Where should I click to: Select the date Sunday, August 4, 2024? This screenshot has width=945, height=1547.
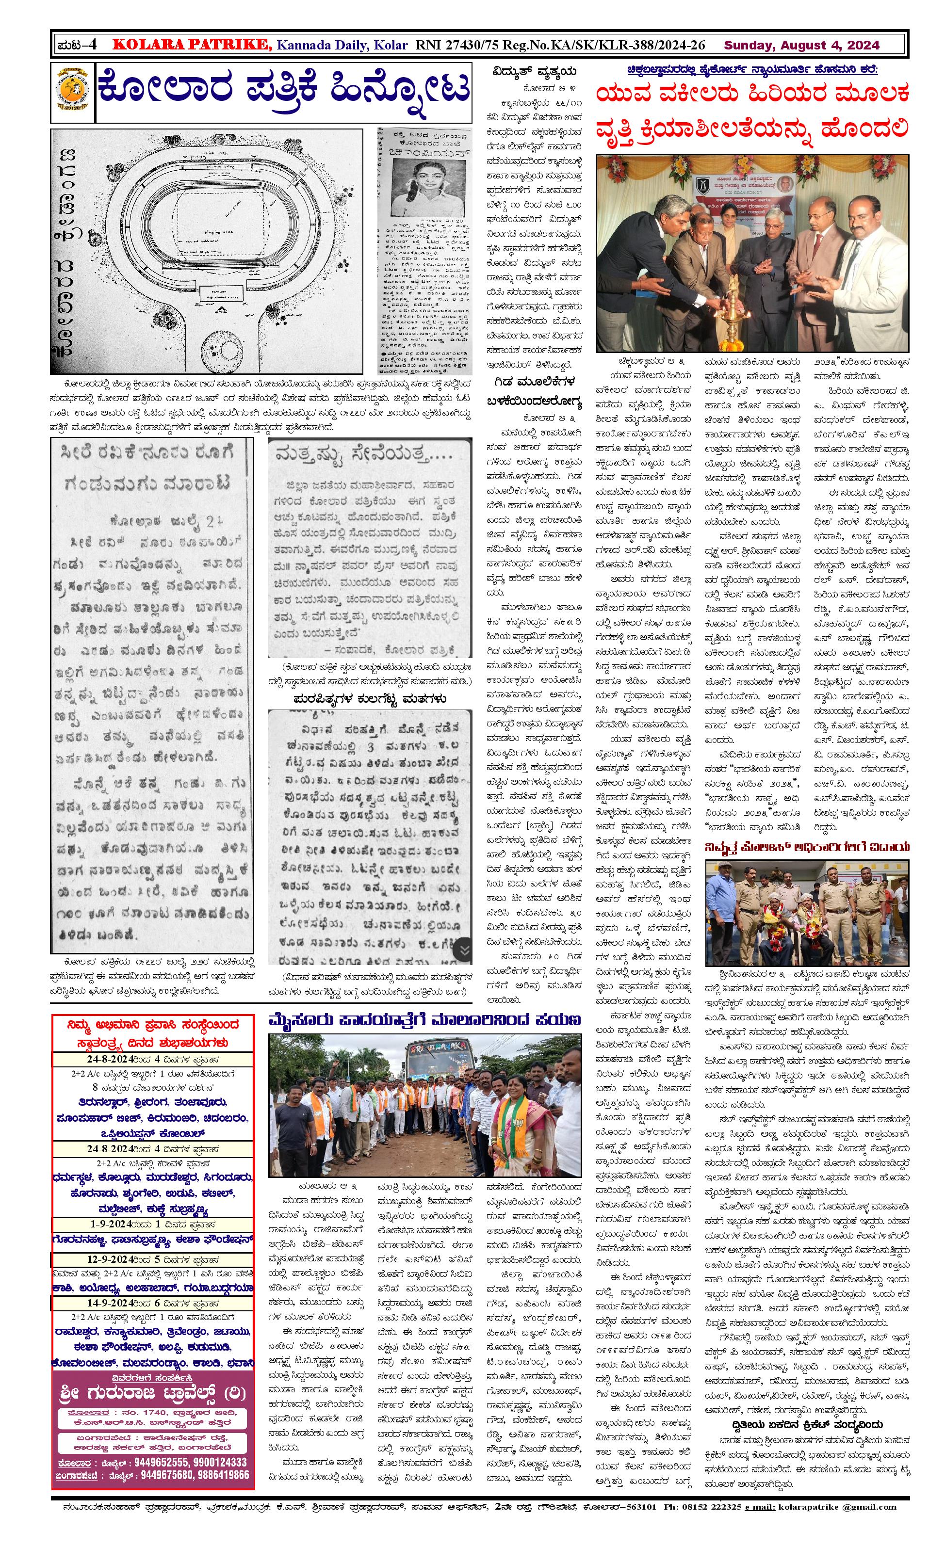(x=801, y=45)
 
